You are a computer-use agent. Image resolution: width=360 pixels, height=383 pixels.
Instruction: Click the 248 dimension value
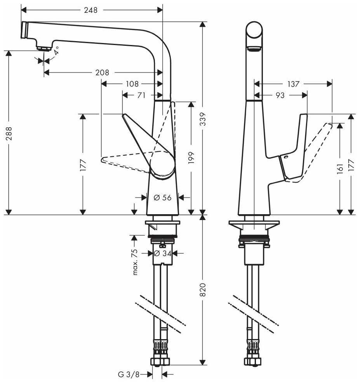tap(90, 10)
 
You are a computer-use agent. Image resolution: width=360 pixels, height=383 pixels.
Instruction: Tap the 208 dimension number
tap(102, 73)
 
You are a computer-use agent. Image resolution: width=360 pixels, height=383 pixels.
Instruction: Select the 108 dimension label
tap(132, 84)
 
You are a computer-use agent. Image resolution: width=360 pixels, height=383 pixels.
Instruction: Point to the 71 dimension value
tap(141, 95)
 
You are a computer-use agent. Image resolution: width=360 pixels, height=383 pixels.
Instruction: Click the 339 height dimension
tap(203, 119)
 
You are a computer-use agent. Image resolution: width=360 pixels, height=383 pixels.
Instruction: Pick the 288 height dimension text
tap(9, 133)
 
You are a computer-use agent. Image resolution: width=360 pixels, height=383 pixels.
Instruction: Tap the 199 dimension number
tap(191, 158)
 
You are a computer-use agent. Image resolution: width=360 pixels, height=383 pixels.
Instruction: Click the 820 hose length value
tap(203, 290)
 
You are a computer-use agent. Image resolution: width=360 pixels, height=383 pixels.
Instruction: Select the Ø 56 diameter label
tap(163, 198)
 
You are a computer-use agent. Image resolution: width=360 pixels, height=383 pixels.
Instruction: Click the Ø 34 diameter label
tap(163, 253)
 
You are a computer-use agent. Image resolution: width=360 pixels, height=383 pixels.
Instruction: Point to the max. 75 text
tap(135, 262)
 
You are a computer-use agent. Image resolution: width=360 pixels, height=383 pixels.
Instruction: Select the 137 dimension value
tap(293, 84)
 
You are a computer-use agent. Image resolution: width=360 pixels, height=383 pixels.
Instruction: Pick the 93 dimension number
tap(280, 95)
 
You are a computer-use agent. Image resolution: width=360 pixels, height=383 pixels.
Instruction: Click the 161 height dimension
tap(340, 169)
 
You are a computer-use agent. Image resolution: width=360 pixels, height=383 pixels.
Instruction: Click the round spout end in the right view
tap(254, 30)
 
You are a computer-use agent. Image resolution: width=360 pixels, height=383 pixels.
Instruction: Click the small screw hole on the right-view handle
tap(286, 157)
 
